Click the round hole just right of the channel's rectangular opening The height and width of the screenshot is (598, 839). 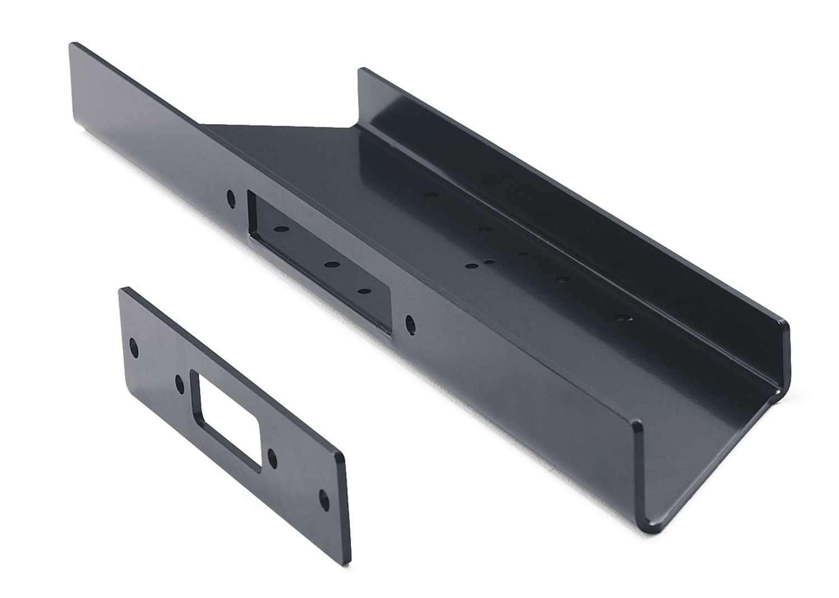[410, 323]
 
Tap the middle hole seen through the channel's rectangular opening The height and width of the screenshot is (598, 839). [332, 265]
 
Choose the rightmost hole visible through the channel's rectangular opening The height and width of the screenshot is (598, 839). [366, 291]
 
